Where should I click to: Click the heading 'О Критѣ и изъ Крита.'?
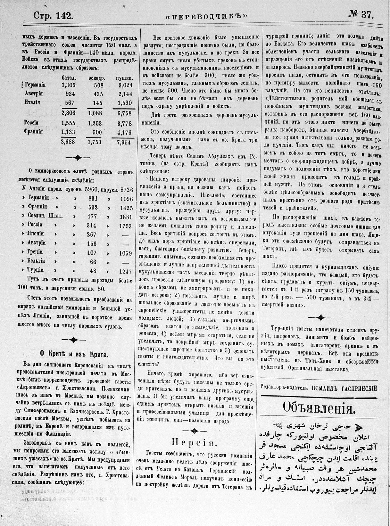tap(74, 353)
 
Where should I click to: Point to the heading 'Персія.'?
tap(195, 443)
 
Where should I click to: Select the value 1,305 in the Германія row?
tap(68, 85)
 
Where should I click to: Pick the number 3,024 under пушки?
tap(124, 85)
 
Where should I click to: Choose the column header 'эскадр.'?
tap(96, 78)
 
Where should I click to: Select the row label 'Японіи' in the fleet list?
tap(36, 234)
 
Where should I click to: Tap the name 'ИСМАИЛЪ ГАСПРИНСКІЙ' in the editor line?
tap(344, 388)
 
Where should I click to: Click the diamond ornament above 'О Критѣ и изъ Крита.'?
tap(74, 340)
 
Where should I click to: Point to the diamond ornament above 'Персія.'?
tap(195, 430)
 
